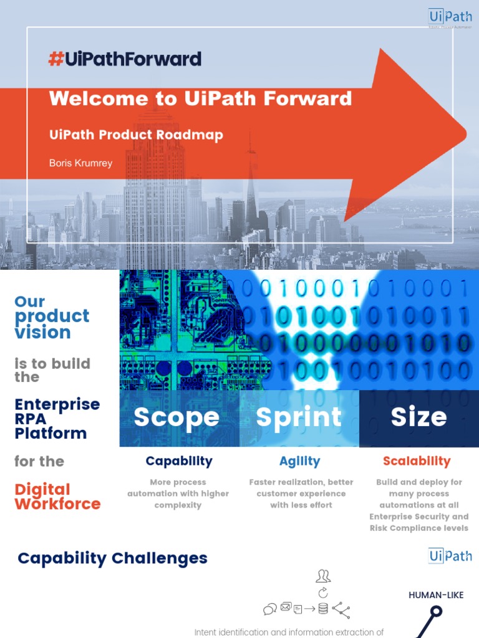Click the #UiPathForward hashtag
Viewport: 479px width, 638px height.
click(x=125, y=59)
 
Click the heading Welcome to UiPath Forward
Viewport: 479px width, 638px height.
click(x=200, y=98)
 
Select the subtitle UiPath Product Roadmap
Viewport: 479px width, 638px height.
click(x=136, y=135)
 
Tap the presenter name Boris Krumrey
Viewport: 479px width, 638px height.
click(x=81, y=163)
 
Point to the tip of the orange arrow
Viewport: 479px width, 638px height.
click(x=465, y=132)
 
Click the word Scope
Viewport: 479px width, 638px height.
click(x=177, y=417)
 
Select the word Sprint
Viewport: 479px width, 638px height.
click(x=299, y=417)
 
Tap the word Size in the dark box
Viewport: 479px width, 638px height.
click(x=419, y=417)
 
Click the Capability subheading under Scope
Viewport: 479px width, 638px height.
click(x=179, y=462)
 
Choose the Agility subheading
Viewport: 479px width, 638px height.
click(x=300, y=462)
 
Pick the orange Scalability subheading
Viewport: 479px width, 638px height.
click(x=417, y=462)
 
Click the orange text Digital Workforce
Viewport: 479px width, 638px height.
click(x=57, y=497)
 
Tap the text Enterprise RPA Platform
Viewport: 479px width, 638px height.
click(x=57, y=418)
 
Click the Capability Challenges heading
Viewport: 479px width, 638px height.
click(x=112, y=558)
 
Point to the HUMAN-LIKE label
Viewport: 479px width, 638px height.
click(x=436, y=595)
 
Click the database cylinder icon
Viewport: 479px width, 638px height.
click(x=322, y=609)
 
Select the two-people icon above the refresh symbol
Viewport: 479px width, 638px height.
click(x=323, y=576)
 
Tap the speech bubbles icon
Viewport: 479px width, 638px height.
click(x=270, y=609)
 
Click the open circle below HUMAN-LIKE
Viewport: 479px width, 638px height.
click(x=436, y=611)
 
